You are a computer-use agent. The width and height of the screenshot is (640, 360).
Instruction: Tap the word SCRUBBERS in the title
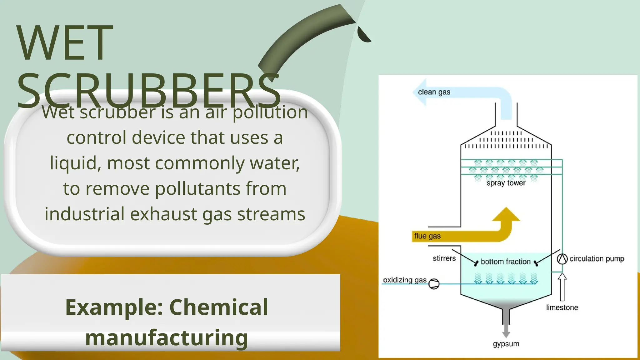(148, 91)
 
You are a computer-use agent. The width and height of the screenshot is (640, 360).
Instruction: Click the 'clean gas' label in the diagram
(434, 92)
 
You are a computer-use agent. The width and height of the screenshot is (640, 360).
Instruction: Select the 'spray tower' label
(506, 183)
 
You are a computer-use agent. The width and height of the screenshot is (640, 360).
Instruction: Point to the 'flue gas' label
(427, 236)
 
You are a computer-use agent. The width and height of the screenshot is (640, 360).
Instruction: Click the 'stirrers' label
(444, 258)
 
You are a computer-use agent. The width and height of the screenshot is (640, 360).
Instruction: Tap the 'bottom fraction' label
(506, 262)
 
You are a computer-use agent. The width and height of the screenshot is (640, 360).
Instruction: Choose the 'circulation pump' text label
(597, 259)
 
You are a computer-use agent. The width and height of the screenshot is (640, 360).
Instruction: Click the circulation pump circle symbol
(562, 259)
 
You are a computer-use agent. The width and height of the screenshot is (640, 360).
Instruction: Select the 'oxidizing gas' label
(405, 280)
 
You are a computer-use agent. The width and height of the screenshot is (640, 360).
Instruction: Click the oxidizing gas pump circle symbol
(434, 284)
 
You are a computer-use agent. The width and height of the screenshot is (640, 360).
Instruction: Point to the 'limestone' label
(562, 307)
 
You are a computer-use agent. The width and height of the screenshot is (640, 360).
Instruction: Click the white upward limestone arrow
(562, 286)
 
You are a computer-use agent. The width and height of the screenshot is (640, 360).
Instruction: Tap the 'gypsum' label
(506, 344)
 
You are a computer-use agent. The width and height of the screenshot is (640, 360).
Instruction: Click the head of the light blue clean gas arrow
(420, 92)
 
